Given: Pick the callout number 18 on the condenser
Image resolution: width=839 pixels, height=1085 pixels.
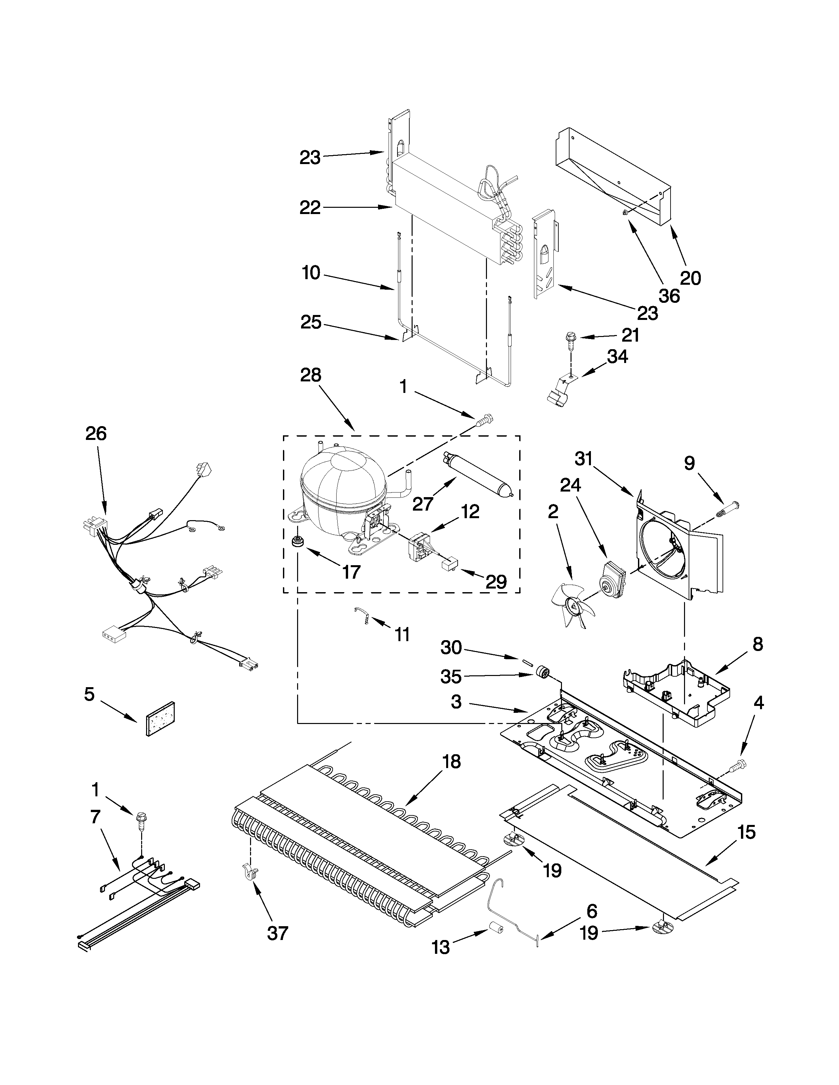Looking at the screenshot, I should [451, 761].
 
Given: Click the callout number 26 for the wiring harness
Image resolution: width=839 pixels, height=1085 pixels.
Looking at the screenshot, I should [96, 433].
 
